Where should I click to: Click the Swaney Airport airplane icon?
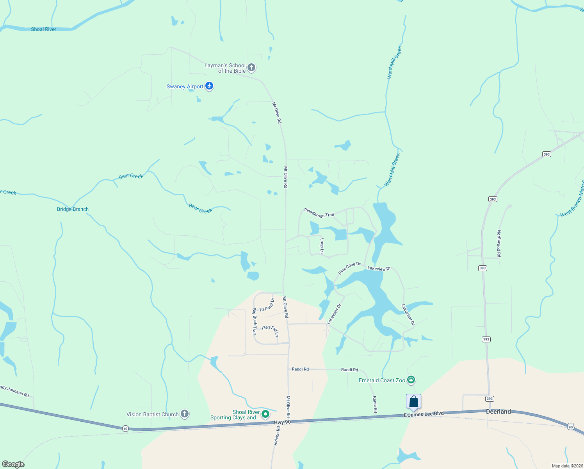coord(209,86)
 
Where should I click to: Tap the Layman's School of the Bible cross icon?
coord(251,68)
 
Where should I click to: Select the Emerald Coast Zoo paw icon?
coord(411,379)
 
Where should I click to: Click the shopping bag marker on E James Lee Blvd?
coord(413,402)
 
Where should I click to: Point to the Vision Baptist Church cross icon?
coord(185,414)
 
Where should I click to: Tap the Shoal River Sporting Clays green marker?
coord(265,414)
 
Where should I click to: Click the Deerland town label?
coord(498,412)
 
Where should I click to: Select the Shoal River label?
coord(44,29)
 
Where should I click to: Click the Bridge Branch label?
coord(73,209)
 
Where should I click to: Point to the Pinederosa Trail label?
coord(319,213)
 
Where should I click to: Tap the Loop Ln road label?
coord(322,246)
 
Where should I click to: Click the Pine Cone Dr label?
coord(349,268)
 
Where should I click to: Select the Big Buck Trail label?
coord(255,321)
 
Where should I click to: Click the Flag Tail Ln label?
coord(271,330)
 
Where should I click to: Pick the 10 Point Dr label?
coord(267,305)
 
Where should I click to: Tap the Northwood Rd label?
coord(499,243)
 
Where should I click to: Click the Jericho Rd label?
coord(277,436)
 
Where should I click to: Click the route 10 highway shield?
coord(125,428)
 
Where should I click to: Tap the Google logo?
coord(13,464)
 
